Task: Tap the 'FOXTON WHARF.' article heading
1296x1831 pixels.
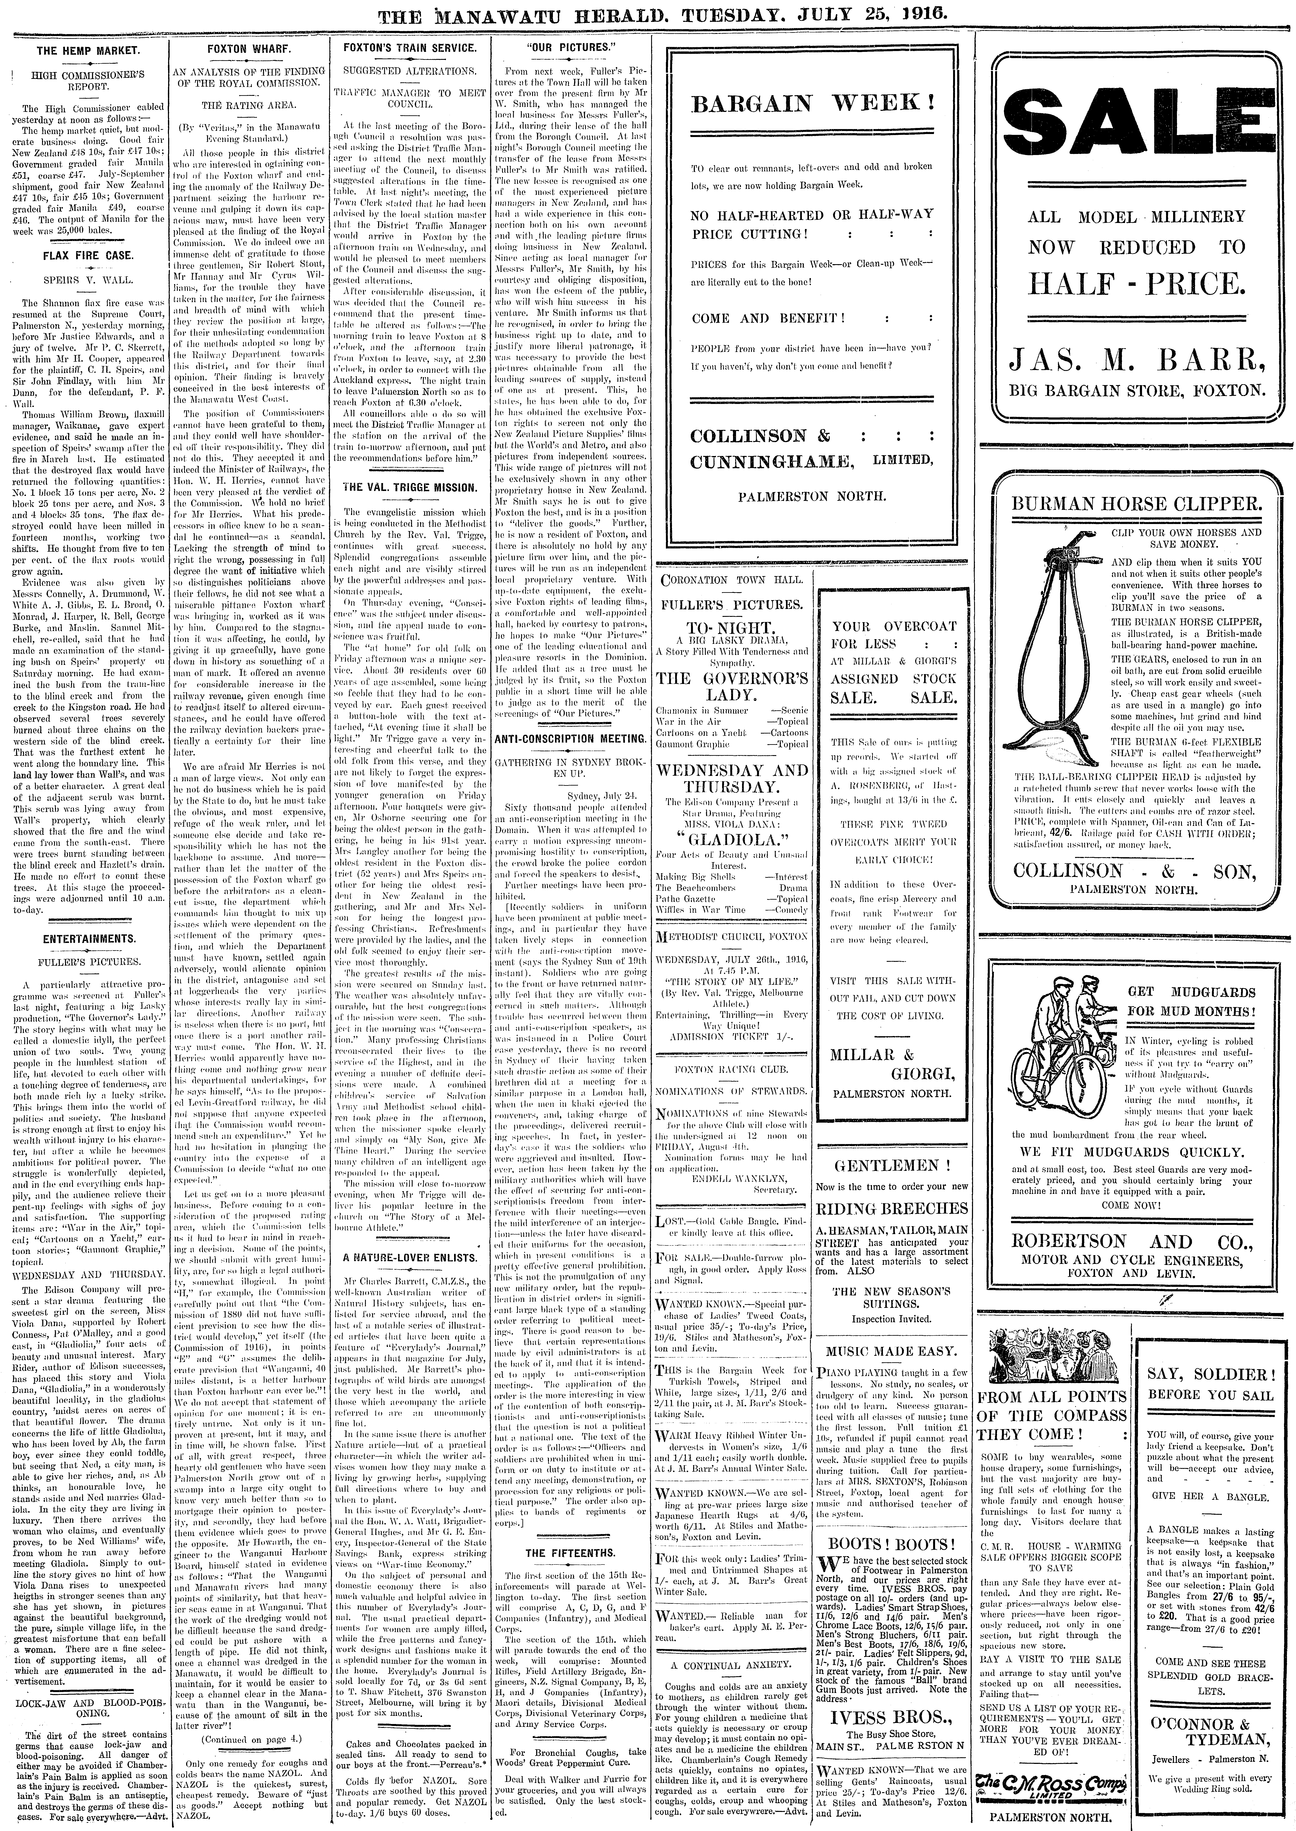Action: click(x=248, y=49)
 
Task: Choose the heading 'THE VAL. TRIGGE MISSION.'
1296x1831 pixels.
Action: click(x=409, y=487)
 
